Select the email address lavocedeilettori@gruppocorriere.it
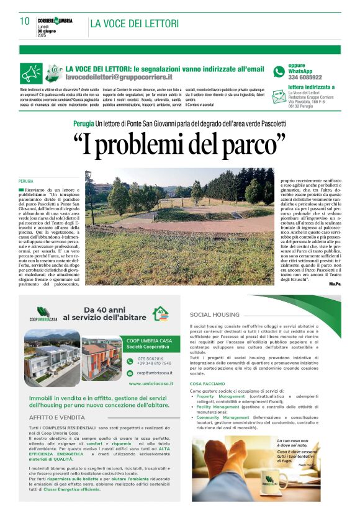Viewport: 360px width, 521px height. coord(119,78)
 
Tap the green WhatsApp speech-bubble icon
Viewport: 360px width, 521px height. coord(279,72)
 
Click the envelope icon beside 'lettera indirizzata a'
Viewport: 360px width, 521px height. coord(279,91)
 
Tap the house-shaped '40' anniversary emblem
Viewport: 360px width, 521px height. coord(161,313)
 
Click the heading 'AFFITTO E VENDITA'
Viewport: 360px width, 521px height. coord(57,417)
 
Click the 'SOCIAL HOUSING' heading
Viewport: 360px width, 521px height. coord(214,314)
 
